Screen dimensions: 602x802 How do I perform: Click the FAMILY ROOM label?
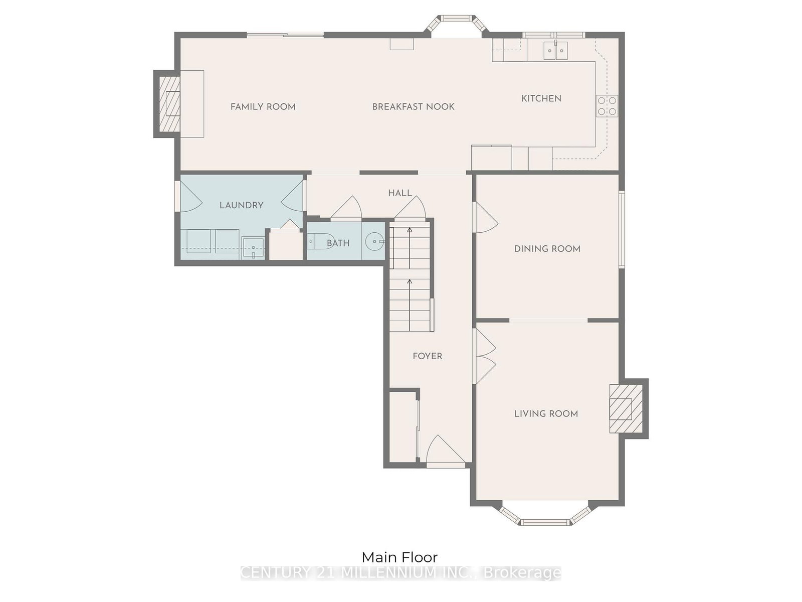tap(263, 106)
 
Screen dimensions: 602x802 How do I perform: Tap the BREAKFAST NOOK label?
tap(413, 106)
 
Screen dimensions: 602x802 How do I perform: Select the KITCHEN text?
tap(541, 98)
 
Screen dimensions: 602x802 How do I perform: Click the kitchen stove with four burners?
tap(607, 106)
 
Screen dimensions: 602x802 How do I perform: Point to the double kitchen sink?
tap(556, 51)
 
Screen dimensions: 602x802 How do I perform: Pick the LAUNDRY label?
tap(241, 205)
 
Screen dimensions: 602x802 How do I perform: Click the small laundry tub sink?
tap(253, 247)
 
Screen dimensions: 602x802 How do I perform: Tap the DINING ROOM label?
tap(547, 248)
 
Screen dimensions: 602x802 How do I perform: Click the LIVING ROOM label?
tap(546, 413)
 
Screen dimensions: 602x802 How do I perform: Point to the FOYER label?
tap(427, 356)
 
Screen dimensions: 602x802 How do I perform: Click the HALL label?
tap(399, 193)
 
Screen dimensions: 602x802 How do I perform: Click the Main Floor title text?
tap(399, 557)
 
